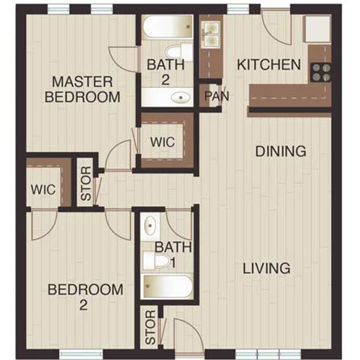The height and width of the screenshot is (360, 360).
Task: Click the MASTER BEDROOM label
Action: pos(83,88)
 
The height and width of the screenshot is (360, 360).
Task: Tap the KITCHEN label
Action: pos(269,65)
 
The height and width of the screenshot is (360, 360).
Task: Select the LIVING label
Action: pos(266,269)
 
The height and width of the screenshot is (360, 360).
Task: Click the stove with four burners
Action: pos(320,71)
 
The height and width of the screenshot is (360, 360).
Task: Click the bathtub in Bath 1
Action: pos(168,286)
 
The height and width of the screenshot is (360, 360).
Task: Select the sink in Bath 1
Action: pos(150,226)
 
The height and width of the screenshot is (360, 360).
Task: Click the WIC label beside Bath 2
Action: pos(163,142)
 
